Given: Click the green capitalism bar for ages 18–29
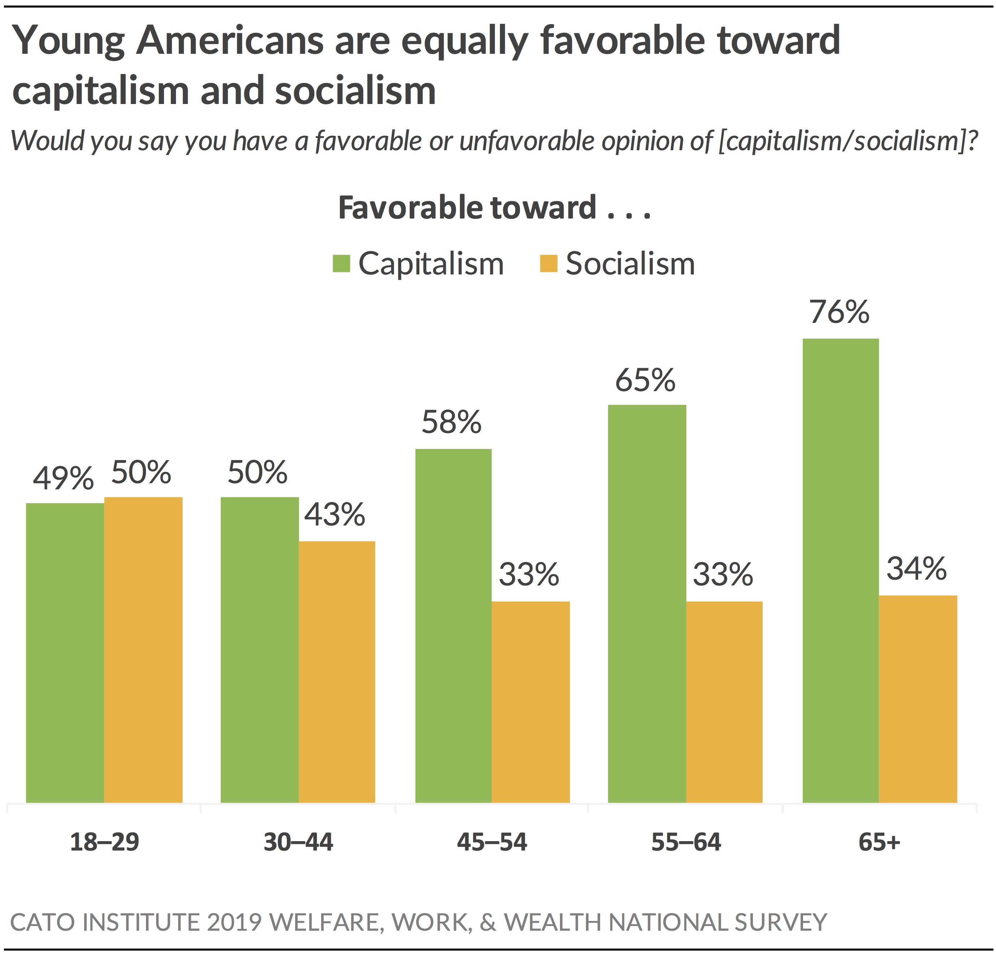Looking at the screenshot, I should point(65,653).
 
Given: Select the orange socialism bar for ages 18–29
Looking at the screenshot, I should point(143,650).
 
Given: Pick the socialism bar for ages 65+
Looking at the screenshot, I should point(918,699).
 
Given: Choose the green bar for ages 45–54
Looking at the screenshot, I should point(453,626).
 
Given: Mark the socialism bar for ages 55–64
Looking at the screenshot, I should point(724,702).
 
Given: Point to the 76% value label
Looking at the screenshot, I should point(840,312).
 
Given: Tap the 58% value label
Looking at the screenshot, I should point(451,422).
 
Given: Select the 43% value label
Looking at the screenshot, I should point(335,515).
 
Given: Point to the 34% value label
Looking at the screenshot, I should point(917,568).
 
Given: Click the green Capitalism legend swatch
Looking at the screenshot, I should point(341,264).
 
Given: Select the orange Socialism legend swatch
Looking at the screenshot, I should point(549,264).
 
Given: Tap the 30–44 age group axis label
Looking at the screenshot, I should point(298,842).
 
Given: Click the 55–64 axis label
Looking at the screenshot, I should point(686,842).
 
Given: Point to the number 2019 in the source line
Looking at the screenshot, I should point(234,922).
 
